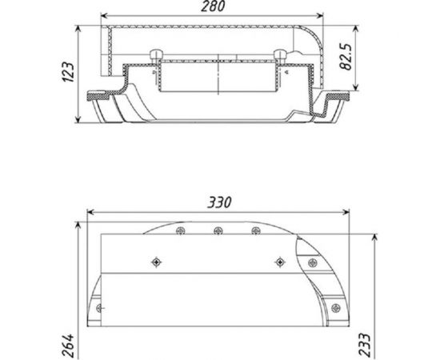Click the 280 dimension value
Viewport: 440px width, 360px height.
click(x=213, y=6)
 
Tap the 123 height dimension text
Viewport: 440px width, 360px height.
click(x=68, y=72)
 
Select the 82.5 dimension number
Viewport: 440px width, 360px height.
click(x=346, y=56)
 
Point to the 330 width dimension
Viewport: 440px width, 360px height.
click(x=219, y=202)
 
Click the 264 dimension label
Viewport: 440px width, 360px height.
click(x=69, y=346)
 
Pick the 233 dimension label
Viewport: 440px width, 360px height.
click(x=365, y=345)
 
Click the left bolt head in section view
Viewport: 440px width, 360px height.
click(x=155, y=54)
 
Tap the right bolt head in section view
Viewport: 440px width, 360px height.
click(x=280, y=54)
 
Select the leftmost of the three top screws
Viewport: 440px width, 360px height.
click(x=181, y=231)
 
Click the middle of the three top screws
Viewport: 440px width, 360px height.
click(x=218, y=231)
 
